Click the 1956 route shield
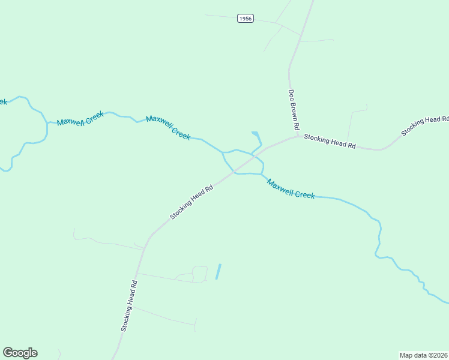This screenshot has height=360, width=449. point(245,19)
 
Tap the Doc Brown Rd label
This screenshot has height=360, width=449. point(293,110)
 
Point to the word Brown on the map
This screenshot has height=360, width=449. point(293,110)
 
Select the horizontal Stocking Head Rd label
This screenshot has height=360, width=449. point(330,142)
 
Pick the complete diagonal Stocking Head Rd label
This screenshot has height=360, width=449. point(191,202)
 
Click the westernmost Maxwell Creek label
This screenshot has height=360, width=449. point(80,118)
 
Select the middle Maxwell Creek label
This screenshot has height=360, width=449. point(168,128)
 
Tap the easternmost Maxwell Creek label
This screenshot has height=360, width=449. point(291,190)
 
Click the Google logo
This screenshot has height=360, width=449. point(20,353)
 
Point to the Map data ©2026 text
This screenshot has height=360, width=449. point(423,355)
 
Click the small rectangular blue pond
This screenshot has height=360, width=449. point(218,272)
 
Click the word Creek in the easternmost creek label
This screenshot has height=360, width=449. point(304,193)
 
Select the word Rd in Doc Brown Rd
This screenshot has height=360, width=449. point(295,126)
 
